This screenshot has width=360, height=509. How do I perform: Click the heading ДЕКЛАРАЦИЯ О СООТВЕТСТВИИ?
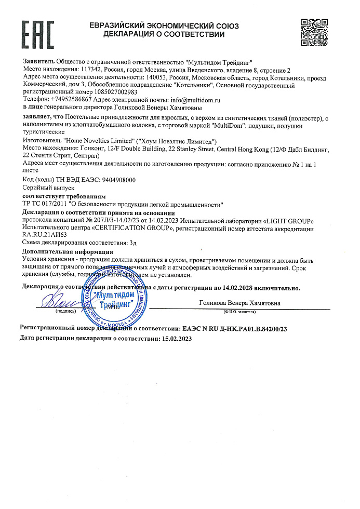pyautogui.click(x=164, y=35)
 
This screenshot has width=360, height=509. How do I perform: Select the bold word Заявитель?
pyautogui.click(x=39, y=61)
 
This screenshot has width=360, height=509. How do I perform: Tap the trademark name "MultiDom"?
pyautogui.click(x=230, y=126)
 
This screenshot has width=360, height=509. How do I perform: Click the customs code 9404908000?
pyautogui.click(x=110, y=179)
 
